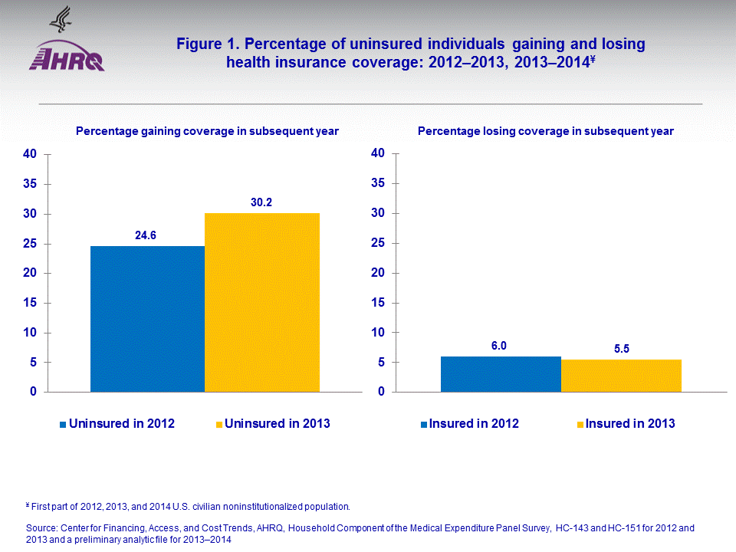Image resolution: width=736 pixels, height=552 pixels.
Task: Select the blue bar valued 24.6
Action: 147,319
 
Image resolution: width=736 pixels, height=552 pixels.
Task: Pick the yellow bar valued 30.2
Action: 262,302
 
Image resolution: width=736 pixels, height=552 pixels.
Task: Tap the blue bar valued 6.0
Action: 501,374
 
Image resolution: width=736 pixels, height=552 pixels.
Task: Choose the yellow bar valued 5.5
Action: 621,376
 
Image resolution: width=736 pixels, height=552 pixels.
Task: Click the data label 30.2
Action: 262,203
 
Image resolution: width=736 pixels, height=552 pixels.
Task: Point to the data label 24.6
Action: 146,235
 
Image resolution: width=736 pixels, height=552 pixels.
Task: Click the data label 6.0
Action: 499,346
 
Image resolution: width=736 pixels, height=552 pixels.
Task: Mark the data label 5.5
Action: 620,349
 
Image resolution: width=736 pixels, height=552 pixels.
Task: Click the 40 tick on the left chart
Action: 29,154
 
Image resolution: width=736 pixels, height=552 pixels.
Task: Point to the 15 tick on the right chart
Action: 376,303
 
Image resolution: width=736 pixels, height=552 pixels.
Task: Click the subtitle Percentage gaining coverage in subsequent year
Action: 207,131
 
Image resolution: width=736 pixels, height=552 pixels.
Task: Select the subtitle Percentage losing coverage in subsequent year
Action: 545,131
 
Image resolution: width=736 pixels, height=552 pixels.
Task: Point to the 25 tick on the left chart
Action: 29,244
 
